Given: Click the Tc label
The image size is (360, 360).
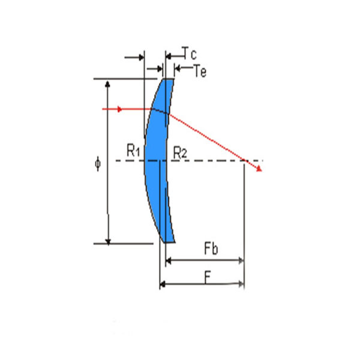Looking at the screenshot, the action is [x=189, y=53].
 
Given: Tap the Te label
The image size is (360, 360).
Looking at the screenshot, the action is [x=200, y=71].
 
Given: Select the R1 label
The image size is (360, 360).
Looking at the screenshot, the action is [x=133, y=151].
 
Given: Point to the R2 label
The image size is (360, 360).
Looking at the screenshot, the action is [x=180, y=152].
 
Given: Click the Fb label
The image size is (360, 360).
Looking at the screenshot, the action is [x=211, y=248].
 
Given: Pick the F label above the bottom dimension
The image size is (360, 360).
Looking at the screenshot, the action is [x=208, y=278].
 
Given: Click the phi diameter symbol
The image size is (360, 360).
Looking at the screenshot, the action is [x=98, y=164].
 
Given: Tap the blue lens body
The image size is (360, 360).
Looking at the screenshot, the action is [x=157, y=161].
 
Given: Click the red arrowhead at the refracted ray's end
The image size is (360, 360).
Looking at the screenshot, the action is [x=259, y=169].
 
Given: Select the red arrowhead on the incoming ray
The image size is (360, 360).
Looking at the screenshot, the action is [x=119, y=109].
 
